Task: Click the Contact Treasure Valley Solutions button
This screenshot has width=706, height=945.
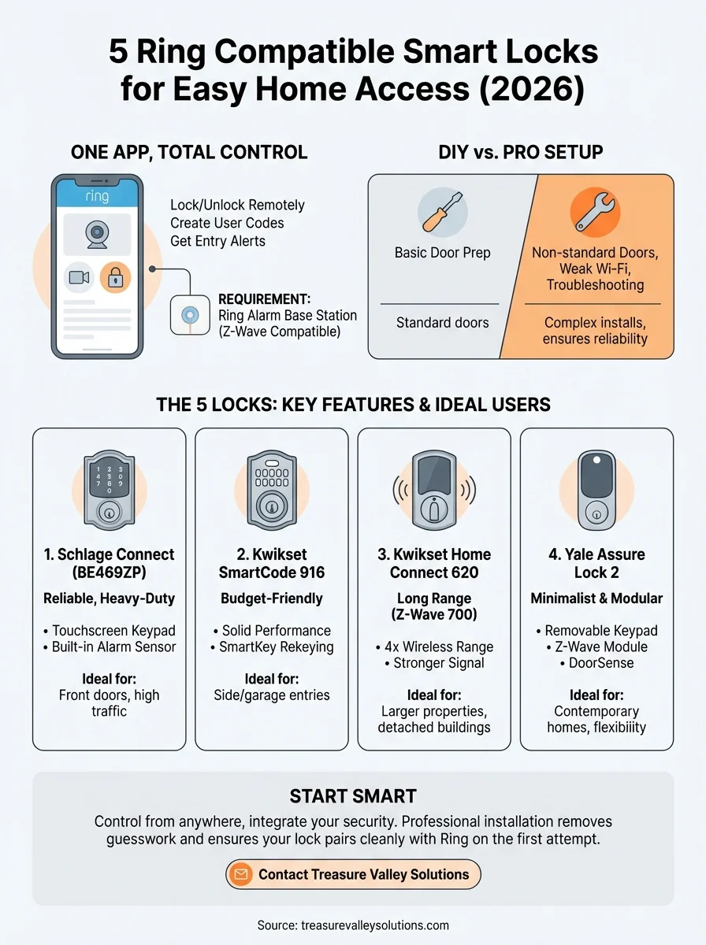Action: click(353, 874)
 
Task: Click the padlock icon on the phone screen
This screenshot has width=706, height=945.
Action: click(116, 278)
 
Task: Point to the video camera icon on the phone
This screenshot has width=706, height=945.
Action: click(79, 278)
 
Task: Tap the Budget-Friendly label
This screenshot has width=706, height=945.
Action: click(271, 598)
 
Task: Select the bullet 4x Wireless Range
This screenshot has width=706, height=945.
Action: click(434, 647)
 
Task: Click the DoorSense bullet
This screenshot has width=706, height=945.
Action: click(596, 664)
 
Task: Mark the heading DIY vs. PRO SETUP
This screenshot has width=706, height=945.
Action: click(521, 153)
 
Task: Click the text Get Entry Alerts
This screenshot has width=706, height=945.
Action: click(218, 241)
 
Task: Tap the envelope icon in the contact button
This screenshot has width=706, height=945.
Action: click(241, 874)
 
